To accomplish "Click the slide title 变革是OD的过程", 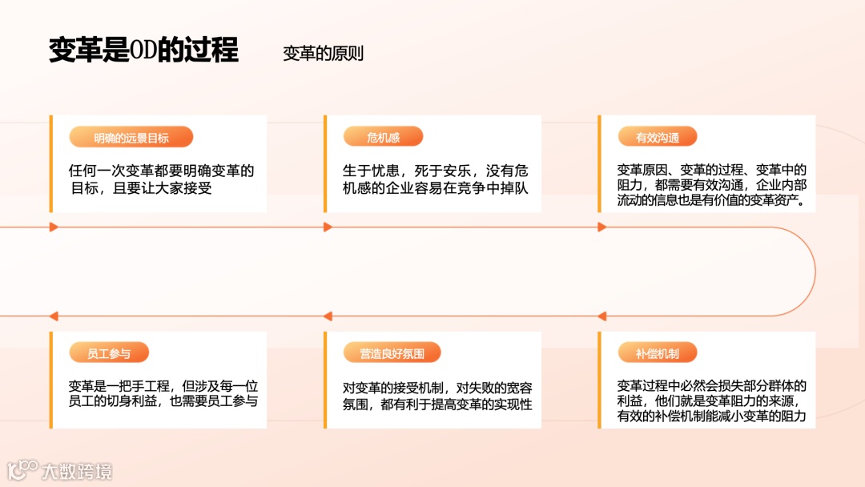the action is (x=143, y=50).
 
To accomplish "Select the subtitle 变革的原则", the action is (x=323, y=54).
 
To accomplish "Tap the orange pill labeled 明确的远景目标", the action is (x=131, y=137).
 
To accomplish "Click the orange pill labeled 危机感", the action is (x=383, y=137).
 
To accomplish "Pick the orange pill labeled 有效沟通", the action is (x=657, y=137).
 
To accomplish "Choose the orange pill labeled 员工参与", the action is (x=108, y=353).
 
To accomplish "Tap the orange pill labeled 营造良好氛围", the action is (x=392, y=353).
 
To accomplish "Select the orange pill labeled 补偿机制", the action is (x=657, y=353).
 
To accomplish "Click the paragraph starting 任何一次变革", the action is (x=161, y=179).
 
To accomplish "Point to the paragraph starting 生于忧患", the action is (x=435, y=179).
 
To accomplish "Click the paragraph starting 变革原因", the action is (x=711, y=185).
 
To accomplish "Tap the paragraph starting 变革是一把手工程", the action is (x=163, y=393).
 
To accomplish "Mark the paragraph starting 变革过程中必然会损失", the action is (x=711, y=400).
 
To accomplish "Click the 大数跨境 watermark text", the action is (x=77, y=471).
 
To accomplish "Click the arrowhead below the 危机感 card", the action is (x=328, y=227).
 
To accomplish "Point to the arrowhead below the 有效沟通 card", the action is (x=602, y=227).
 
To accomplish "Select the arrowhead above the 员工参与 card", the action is (x=54, y=316).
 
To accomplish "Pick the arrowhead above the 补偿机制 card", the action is (x=602, y=316).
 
